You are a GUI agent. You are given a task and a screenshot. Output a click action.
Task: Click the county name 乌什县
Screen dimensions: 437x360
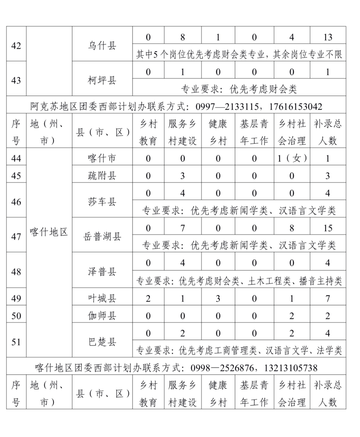(102, 45)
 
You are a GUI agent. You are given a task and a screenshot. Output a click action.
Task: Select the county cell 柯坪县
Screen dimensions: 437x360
(102, 80)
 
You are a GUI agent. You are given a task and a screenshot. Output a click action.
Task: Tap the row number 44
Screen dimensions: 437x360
(16, 158)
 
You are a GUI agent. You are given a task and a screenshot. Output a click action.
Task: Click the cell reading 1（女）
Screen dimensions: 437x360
(292, 158)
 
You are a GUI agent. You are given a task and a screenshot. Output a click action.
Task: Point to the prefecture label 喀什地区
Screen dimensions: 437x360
(49, 232)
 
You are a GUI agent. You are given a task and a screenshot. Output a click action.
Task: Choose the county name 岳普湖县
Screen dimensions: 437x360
(102, 236)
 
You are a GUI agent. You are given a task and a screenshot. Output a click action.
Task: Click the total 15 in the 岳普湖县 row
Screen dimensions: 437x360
(328, 228)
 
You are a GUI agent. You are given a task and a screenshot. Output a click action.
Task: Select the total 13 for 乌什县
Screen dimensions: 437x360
(328, 37)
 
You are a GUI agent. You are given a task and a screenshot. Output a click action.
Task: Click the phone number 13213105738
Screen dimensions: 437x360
(291, 368)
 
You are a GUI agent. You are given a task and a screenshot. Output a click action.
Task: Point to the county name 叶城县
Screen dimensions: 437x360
(102, 298)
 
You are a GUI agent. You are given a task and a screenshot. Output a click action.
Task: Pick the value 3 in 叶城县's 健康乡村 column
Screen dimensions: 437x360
(218, 298)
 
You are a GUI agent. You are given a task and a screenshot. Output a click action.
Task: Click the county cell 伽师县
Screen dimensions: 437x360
(102, 315)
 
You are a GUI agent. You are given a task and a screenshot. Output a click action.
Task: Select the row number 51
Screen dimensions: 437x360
(16, 342)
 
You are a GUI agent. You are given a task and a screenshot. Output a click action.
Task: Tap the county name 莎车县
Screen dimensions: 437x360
(102, 202)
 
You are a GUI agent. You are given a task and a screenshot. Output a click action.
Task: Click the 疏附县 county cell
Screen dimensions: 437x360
(102, 175)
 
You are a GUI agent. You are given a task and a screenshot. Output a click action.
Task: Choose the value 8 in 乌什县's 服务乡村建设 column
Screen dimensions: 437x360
(182, 37)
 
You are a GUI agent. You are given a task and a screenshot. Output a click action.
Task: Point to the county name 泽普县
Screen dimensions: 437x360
(102, 271)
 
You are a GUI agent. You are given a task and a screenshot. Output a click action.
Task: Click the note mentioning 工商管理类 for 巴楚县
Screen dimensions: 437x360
(239, 350)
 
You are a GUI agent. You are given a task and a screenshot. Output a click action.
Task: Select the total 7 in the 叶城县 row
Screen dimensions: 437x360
(328, 298)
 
